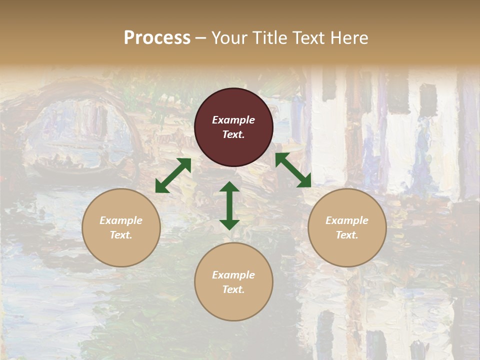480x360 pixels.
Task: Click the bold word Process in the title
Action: tap(157, 37)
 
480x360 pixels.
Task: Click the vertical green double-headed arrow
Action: tap(229, 205)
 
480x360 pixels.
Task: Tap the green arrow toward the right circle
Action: tap(293, 170)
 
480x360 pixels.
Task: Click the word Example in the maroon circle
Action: tap(233, 120)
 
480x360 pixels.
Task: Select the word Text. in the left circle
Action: tap(121, 235)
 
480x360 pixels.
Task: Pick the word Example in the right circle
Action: tap(347, 220)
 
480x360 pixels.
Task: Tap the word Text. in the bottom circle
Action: tap(233, 289)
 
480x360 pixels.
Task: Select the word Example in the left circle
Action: tap(121, 220)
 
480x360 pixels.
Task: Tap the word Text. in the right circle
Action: tap(347, 235)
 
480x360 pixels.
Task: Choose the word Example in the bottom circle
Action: tap(233, 275)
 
